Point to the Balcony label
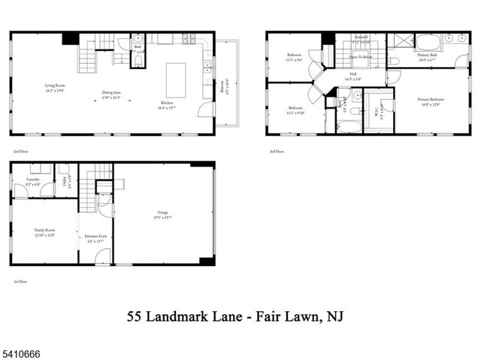tap(223, 86)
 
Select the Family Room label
tap(44, 232)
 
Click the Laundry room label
tap(34, 182)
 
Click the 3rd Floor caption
tap(276, 151)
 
